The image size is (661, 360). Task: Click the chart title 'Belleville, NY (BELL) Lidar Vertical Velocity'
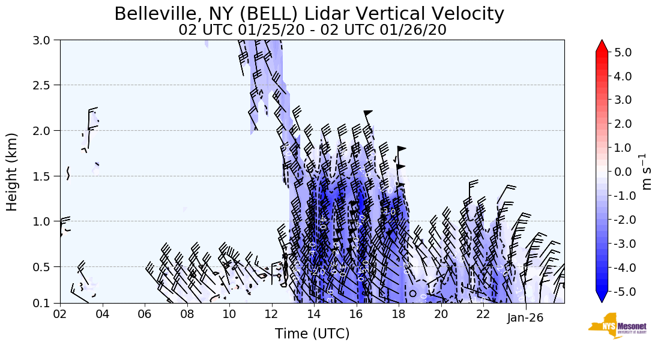309,13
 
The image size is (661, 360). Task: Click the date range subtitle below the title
312,30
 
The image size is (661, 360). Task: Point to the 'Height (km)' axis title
12,172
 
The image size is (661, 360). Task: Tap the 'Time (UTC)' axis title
312,334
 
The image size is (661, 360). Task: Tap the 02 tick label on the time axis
60,314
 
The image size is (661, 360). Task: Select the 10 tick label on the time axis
229,314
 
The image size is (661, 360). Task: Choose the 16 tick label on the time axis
357,314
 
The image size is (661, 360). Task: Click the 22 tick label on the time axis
483,314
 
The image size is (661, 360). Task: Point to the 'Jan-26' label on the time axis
525,318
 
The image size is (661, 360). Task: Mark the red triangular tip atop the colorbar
602,46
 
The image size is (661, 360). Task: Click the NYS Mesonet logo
613,326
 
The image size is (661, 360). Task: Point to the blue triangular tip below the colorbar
602,297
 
